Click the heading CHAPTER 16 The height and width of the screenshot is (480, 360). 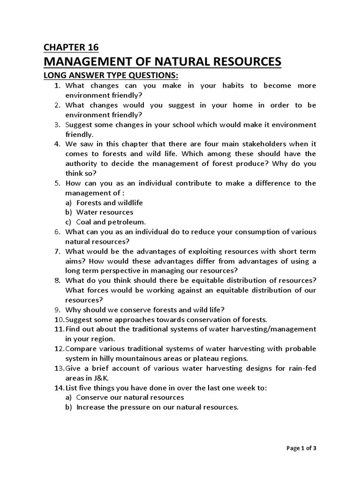[72, 46]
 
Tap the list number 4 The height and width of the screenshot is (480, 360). [58, 144]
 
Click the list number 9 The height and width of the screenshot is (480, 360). [58, 309]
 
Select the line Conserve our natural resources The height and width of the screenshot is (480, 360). [123, 397]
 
